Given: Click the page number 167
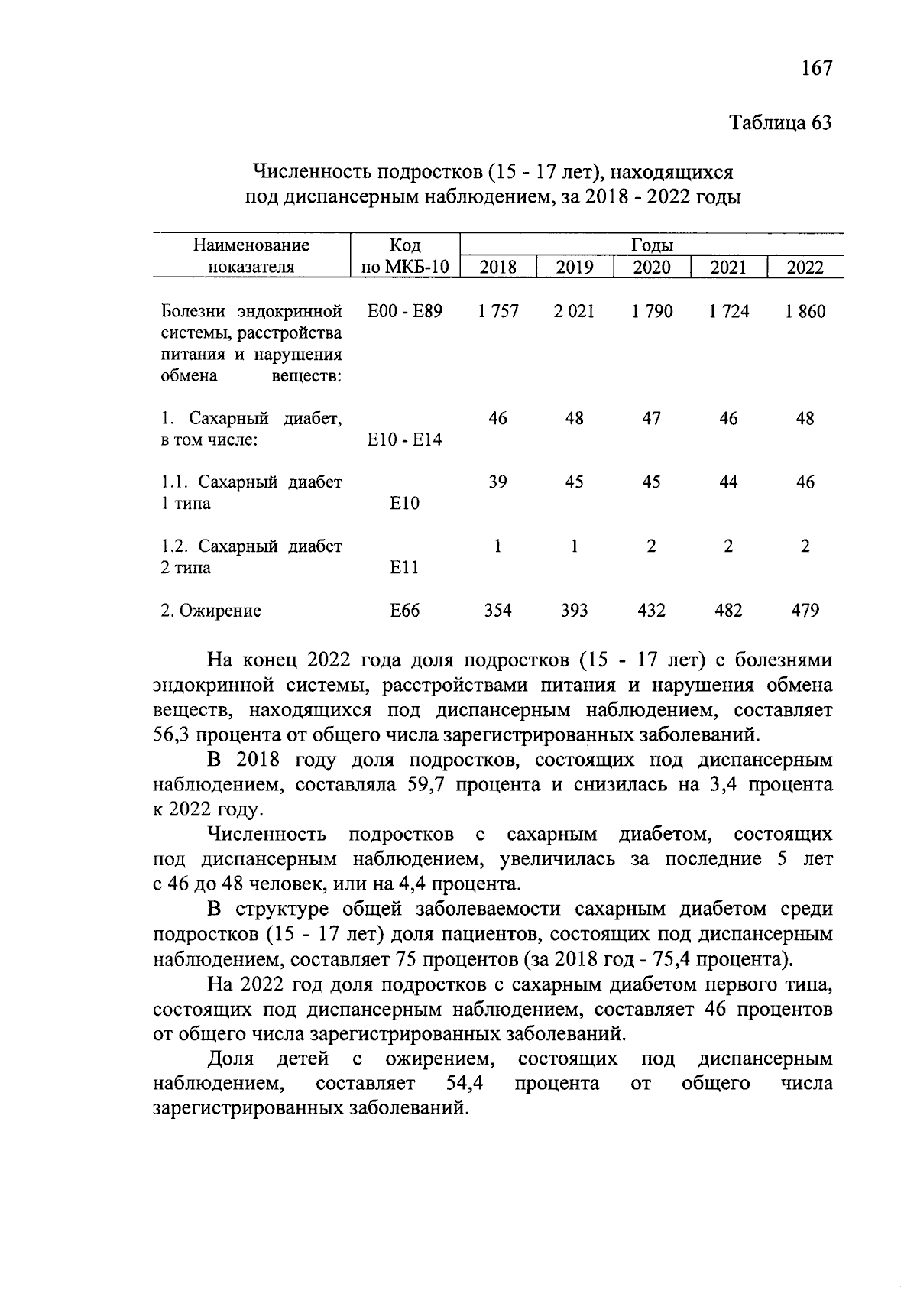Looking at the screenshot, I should (816, 68).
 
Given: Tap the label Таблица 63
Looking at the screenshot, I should (780, 122).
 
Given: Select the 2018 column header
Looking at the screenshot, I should (497, 267).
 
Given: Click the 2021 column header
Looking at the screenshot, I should (728, 267).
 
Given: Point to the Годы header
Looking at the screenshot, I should (652, 245).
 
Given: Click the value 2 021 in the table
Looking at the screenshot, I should (574, 311).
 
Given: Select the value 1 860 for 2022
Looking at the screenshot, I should (805, 311).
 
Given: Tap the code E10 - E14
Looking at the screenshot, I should (404, 439).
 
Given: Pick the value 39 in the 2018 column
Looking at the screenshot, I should (497, 482).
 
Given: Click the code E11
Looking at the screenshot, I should (404, 568).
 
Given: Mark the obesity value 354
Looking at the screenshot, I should (497, 611).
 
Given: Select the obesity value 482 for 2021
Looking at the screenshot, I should (728, 611).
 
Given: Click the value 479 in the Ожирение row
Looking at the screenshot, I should (805, 611).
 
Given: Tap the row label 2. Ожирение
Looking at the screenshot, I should (211, 611).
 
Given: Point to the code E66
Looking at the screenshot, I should (404, 611).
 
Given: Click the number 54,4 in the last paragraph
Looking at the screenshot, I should (468, 1083).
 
